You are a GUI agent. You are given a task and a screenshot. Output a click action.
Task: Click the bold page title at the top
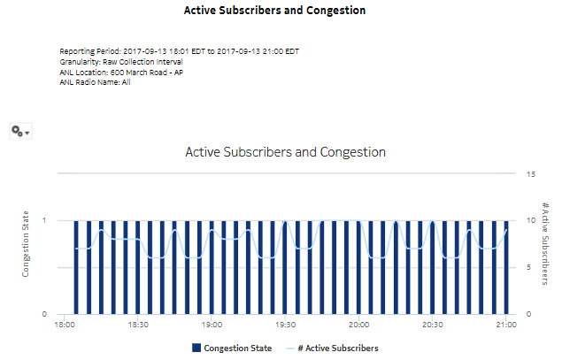(274, 11)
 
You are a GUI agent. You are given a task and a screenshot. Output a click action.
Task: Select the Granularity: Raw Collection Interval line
(120, 63)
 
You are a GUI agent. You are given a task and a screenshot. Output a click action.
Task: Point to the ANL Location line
(121, 73)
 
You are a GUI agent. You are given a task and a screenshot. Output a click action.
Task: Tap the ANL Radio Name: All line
(95, 82)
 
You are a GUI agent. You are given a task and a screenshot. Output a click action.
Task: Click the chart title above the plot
(285, 152)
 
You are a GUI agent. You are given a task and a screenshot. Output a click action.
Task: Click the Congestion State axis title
(26, 243)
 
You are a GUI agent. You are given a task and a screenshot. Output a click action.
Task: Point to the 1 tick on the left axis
(45, 220)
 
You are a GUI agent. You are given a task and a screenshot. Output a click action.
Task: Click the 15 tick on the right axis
(530, 174)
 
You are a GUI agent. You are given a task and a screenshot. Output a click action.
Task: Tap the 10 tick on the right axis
(530, 220)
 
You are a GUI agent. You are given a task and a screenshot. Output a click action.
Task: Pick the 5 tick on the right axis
(528, 267)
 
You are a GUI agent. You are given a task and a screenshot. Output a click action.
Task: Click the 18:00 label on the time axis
(65, 326)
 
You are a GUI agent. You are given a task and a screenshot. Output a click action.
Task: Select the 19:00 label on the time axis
(212, 326)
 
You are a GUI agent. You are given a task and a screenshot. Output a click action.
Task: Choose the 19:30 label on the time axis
(284, 326)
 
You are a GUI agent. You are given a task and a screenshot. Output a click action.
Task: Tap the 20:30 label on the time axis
(431, 326)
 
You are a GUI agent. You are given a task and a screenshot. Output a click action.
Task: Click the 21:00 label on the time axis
(504, 326)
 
